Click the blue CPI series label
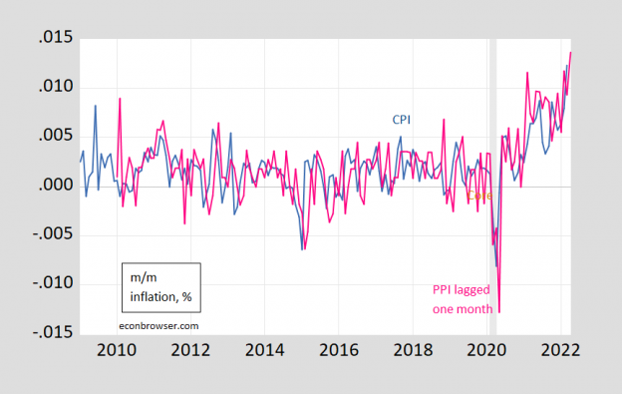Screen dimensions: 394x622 click(x=400, y=120)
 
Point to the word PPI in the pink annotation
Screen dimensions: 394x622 click(x=443, y=290)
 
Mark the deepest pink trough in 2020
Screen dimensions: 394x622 click(x=498, y=311)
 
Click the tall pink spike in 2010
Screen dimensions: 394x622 click(x=120, y=99)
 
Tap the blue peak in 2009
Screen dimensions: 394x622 click(x=96, y=105)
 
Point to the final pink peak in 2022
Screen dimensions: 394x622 click(x=571, y=52)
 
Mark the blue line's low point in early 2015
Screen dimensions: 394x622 click(x=302, y=248)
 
